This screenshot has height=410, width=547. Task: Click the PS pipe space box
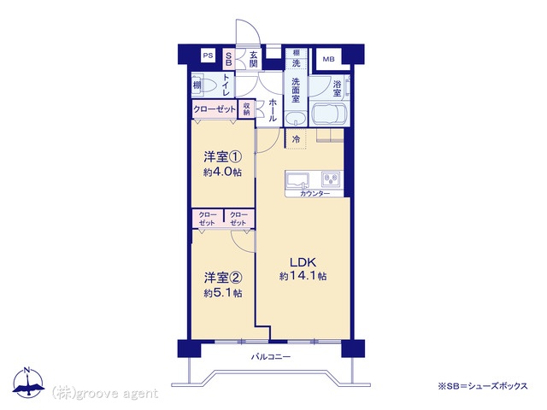click(x=208, y=56)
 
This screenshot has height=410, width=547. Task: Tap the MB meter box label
click(x=328, y=59)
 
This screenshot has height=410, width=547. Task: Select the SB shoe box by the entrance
click(x=228, y=59)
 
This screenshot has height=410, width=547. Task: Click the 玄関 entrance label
click(x=254, y=59)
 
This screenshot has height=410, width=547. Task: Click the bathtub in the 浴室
click(x=329, y=113)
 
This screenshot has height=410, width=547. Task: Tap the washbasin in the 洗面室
click(x=296, y=118)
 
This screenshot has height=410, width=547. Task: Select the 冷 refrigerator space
click(x=296, y=139)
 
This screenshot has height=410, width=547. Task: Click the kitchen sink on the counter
click(x=298, y=180)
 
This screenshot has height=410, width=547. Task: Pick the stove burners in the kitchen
click(x=331, y=180)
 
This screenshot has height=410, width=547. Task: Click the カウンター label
click(x=315, y=194)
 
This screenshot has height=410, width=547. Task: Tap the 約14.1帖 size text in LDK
click(x=303, y=277)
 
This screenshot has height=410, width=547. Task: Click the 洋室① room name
click(x=222, y=157)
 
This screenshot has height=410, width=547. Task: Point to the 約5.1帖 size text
click(x=223, y=293)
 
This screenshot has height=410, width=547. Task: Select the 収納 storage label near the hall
click(x=247, y=108)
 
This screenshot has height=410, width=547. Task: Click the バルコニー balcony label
click(x=271, y=357)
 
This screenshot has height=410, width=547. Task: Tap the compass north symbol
click(x=28, y=383)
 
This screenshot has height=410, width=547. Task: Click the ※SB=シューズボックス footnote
click(x=483, y=386)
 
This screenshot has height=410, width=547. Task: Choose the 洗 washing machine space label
click(x=296, y=63)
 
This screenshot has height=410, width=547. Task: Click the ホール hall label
click(x=273, y=110)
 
